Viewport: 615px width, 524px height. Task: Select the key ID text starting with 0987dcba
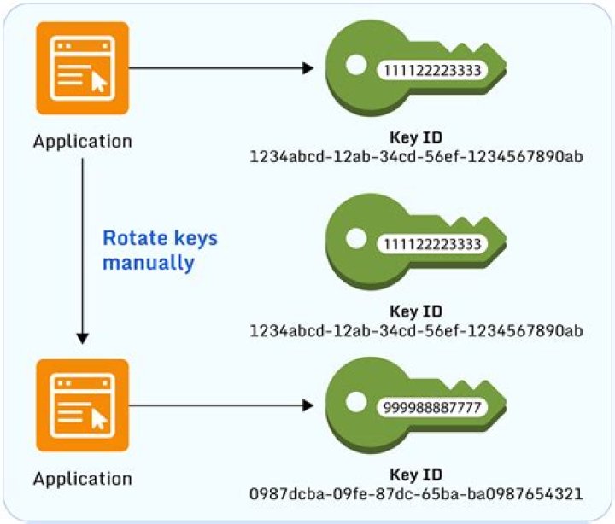point(417,493)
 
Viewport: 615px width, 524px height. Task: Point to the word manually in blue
point(148,263)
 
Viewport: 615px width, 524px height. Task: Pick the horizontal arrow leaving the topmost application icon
point(222,68)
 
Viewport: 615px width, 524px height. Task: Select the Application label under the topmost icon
point(83,141)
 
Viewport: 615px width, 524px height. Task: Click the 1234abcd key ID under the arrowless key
point(417,329)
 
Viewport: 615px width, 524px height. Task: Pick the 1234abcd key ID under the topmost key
point(417,157)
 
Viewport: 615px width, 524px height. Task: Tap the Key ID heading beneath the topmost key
point(416,139)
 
